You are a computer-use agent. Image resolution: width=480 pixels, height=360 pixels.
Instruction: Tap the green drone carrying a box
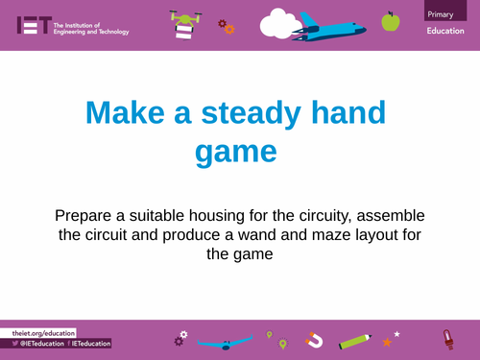[183, 23]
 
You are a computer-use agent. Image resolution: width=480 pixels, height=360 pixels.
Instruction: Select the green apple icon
[390, 21]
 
